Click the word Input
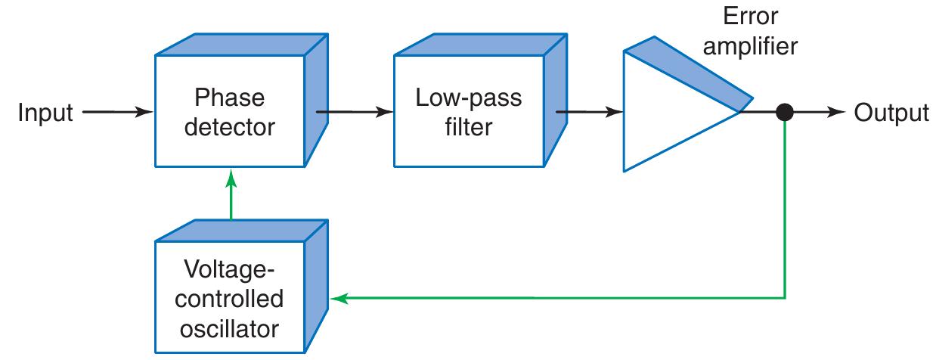click(45, 113)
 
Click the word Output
click(891, 113)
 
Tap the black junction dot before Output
click(785, 113)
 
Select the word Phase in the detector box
click(229, 98)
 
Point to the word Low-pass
click(469, 98)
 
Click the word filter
click(469, 126)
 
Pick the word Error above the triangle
click(749, 17)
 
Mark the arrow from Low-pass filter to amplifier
click(590, 113)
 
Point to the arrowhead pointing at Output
click(836, 113)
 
